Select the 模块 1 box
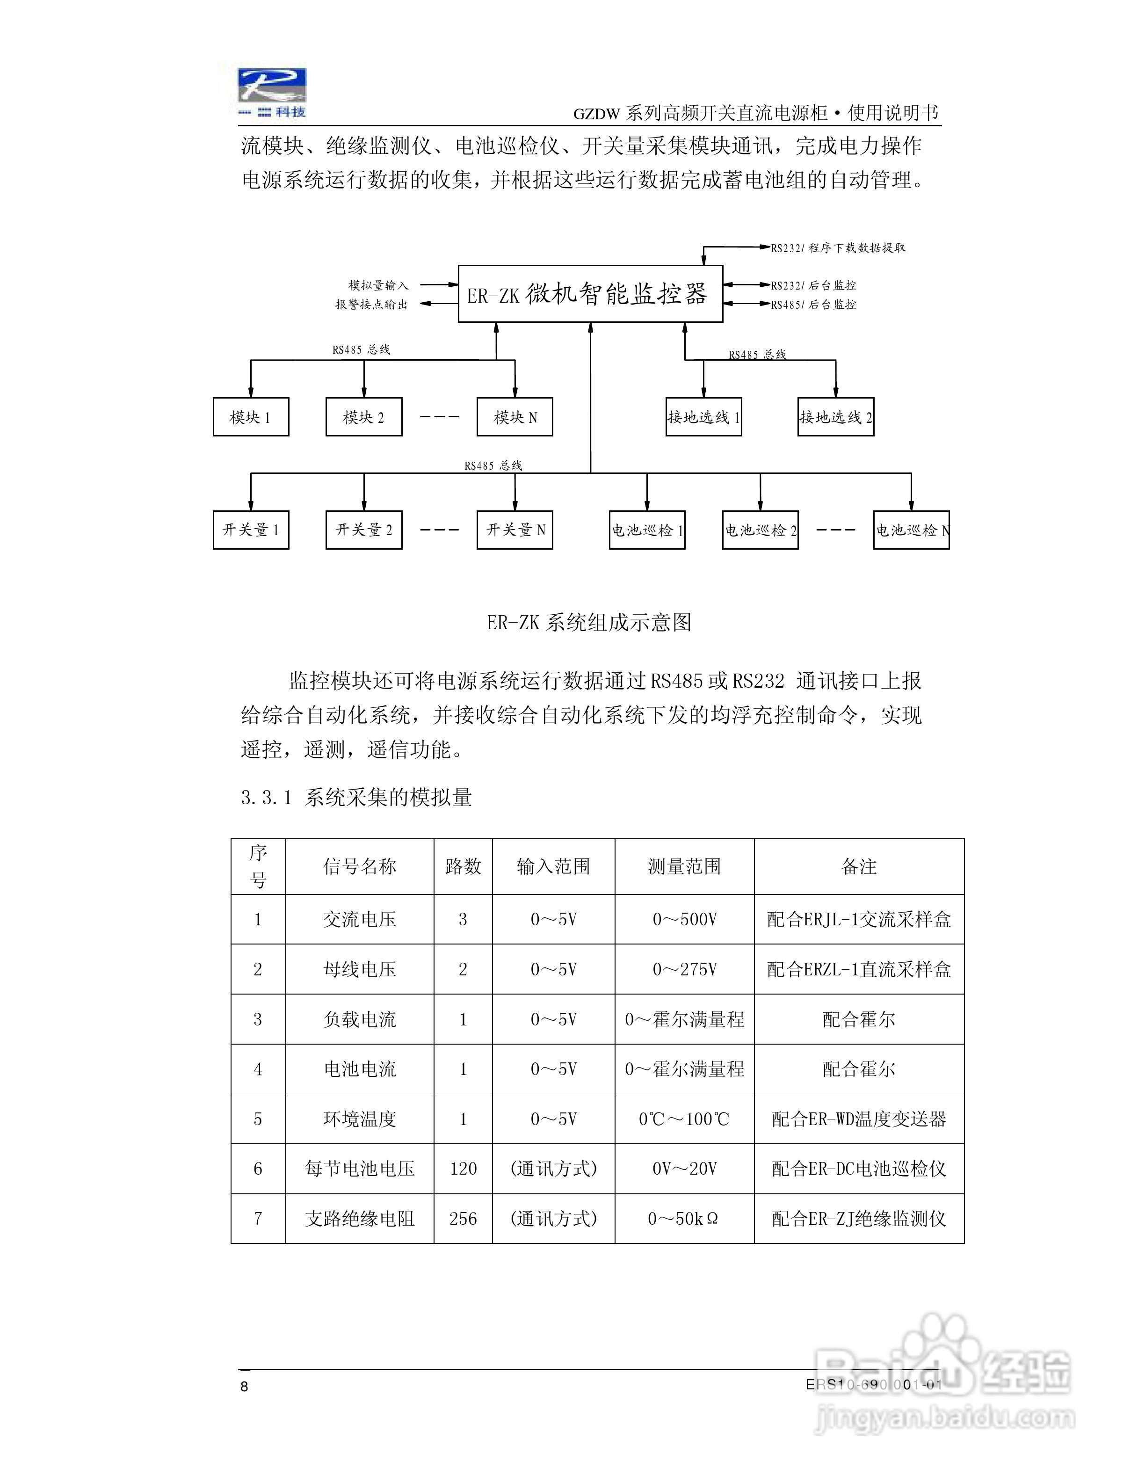tap(250, 417)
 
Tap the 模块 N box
tap(515, 417)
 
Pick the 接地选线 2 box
tap(836, 417)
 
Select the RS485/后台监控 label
tap(813, 305)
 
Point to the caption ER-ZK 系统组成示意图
tap(589, 622)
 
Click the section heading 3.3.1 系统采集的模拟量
tap(356, 797)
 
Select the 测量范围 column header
tap(684, 866)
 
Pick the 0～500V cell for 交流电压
tap(684, 919)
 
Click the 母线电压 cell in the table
tap(360, 969)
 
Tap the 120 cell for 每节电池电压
tap(464, 1169)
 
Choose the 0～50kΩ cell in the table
tap(684, 1219)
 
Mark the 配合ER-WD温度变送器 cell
tap(859, 1119)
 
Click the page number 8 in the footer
tap(245, 1386)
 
